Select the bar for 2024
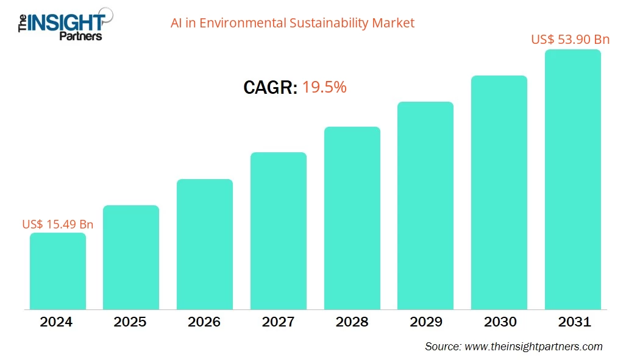coord(57,271)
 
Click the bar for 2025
coord(130,257)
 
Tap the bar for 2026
coord(204,244)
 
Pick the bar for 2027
coord(278,231)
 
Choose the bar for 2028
coord(352,218)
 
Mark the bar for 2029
coord(425,205)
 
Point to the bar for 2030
coord(499,192)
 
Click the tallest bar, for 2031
coord(572,180)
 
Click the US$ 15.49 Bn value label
coord(57,224)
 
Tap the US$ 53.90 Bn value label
coord(570,40)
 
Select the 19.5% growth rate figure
coord(324,88)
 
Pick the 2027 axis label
coord(278,322)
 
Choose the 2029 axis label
coord(425,322)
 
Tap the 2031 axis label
coord(572,322)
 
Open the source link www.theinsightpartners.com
coord(532,347)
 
